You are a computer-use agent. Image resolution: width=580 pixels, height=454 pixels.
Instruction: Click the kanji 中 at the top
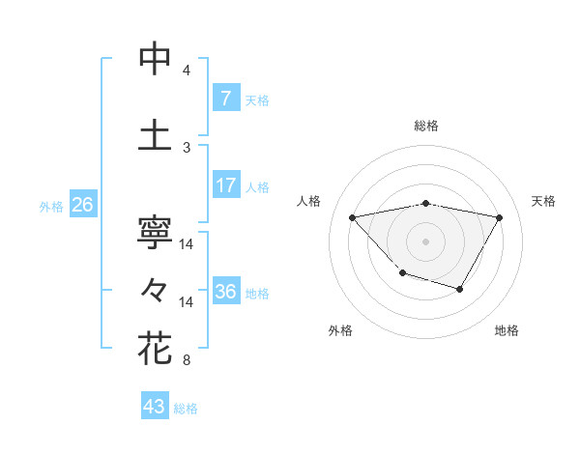(x=155, y=59)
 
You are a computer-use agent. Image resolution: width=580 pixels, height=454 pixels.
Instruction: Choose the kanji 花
(x=155, y=347)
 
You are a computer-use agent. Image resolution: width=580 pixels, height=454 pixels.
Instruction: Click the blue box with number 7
(x=225, y=99)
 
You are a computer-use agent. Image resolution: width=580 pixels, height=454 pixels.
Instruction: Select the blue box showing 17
(x=225, y=185)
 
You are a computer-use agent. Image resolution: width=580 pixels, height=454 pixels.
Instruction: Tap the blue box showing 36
(x=225, y=292)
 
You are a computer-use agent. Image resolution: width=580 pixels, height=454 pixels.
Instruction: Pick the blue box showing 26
(x=82, y=205)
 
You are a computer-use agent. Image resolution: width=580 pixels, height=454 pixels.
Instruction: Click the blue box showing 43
(x=154, y=407)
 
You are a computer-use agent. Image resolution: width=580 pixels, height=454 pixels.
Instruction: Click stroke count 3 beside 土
(x=187, y=147)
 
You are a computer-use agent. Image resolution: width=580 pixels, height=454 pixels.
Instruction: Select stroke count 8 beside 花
(x=187, y=361)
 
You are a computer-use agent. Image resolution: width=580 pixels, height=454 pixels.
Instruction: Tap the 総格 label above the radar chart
(x=426, y=126)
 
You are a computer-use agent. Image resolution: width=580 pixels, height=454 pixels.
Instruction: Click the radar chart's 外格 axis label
(x=340, y=331)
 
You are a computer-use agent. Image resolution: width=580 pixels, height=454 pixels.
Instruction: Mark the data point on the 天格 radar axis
(x=499, y=217)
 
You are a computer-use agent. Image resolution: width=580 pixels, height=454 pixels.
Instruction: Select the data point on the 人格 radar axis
(x=353, y=217)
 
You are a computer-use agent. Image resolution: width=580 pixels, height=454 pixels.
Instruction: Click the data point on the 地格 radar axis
(x=460, y=289)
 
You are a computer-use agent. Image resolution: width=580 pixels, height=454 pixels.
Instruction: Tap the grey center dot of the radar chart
(x=426, y=241)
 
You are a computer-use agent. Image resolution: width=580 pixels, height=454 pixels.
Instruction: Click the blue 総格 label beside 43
(x=186, y=409)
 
